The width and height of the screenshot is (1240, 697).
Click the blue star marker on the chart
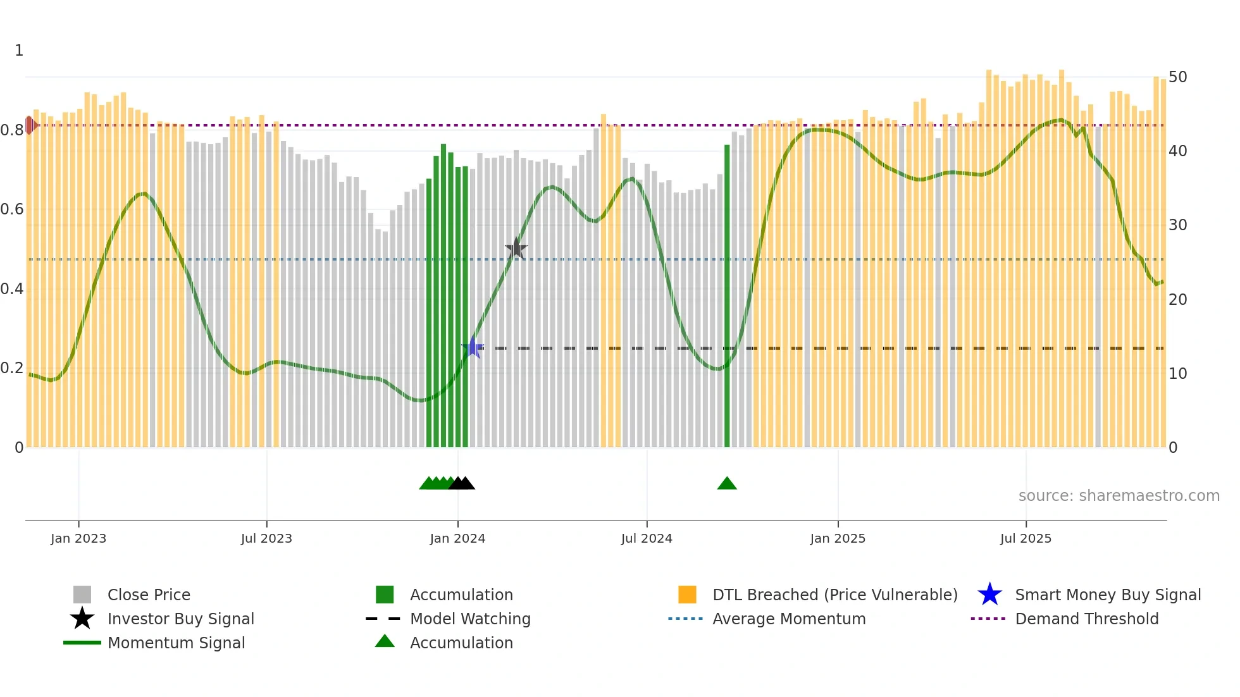pos(473,347)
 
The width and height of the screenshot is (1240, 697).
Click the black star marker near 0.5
pos(516,249)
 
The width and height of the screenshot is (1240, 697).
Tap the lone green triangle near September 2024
pos(727,484)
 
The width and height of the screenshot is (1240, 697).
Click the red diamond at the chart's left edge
pos(30,125)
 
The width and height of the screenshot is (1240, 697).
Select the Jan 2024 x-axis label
pos(457,538)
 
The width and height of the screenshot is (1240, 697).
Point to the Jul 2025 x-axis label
pos(1026,538)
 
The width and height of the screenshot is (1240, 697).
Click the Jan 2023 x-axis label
pos(78,538)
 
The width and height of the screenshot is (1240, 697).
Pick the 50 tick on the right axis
pos(1177,77)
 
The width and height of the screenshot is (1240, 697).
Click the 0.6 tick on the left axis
pos(12,209)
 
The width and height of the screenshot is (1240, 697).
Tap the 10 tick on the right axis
pos(1177,374)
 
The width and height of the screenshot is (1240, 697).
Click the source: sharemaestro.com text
pos(1119,496)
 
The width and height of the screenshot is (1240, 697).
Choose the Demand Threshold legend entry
pos(1086,619)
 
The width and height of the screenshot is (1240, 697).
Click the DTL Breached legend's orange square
pos(687,595)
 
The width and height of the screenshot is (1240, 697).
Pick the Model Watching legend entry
pos(469,619)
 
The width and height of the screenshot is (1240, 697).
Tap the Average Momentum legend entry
pos(788,619)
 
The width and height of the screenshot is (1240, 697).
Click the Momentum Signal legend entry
pos(176,643)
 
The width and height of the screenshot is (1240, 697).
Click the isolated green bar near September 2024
pos(727,297)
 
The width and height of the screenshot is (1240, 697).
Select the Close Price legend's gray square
pos(82,595)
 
